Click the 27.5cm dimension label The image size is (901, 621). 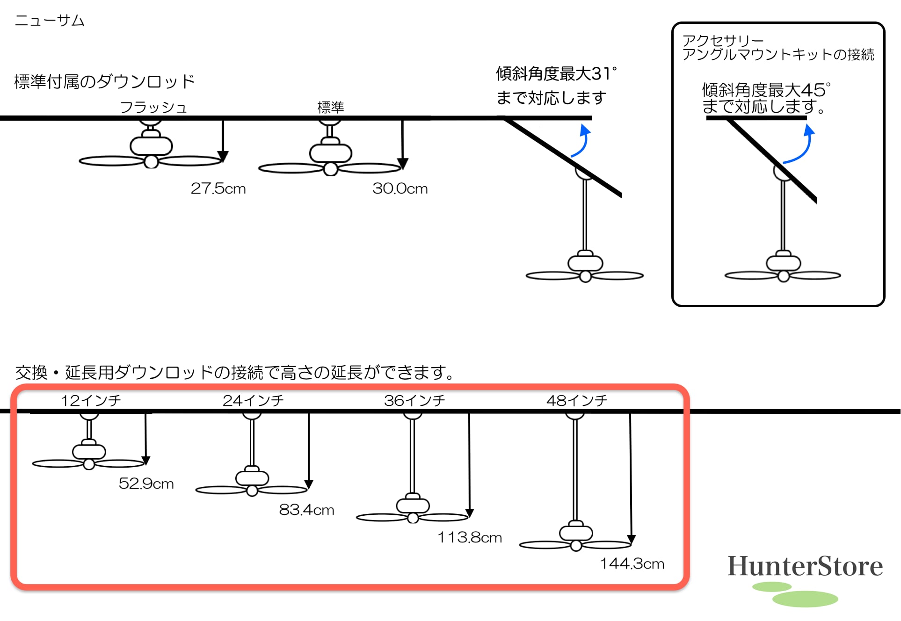click(218, 188)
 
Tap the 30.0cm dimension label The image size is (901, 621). click(400, 188)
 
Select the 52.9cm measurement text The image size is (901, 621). click(146, 484)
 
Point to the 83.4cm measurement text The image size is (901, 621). click(306, 510)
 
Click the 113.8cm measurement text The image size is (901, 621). click(470, 537)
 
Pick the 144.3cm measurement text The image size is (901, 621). click(632, 563)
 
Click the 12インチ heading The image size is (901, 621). click(91, 400)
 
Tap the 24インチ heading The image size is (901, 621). click(253, 400)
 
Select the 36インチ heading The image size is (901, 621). click(414, 400)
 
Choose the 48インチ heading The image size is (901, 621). click(577, 400)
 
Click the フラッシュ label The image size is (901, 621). click(153, 108)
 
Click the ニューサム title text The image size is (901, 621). click(50, 21)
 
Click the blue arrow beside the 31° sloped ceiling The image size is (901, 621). click(582, 141)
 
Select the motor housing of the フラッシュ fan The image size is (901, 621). click(151, 145)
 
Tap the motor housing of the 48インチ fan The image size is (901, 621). click(576, 533)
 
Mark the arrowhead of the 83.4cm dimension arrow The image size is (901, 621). click(308, 484)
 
